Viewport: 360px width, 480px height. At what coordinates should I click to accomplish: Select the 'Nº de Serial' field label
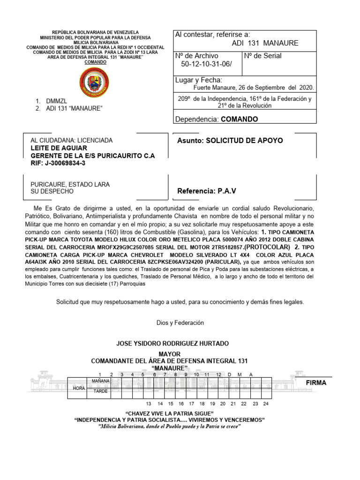263,56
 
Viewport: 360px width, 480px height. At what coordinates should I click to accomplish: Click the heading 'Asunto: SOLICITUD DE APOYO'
230,141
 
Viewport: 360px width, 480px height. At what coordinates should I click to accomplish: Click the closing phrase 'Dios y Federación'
180,322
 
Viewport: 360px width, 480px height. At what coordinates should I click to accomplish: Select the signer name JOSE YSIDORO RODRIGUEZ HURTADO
172,344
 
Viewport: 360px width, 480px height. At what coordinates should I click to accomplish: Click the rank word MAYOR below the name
170,353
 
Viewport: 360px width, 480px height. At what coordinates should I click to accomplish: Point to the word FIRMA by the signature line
315,383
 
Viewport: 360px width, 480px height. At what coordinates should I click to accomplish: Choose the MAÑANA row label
100,382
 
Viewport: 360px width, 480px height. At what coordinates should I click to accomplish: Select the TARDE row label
100,391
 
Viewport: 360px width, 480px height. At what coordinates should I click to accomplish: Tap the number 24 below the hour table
266,404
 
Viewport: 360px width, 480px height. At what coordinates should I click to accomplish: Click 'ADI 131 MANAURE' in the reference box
265,44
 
